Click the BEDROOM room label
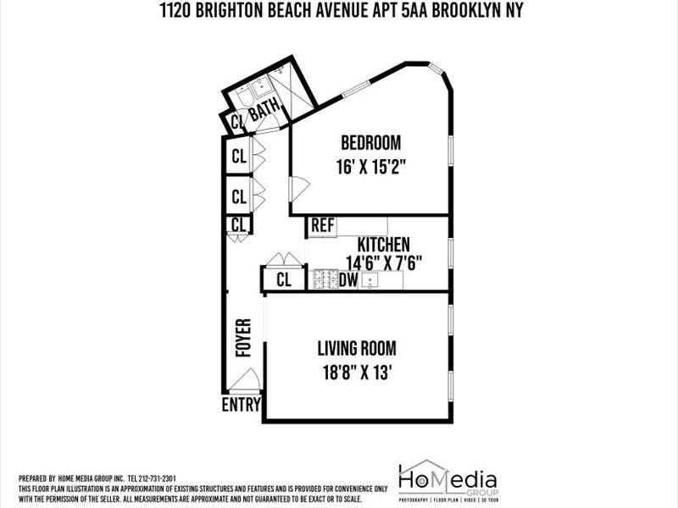pos(370,142)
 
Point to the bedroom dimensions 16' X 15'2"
pos(370,167)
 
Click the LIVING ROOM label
pos(356,348)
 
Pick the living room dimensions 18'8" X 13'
pos(356,373)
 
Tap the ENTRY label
pos(241,405)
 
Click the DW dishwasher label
pos(348,280)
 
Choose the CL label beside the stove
pos(285,281)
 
